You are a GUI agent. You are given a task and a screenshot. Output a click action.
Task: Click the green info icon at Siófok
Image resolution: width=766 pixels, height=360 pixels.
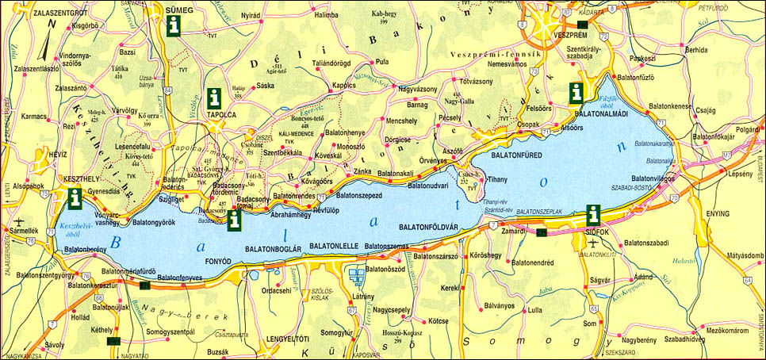[x=592, y=215]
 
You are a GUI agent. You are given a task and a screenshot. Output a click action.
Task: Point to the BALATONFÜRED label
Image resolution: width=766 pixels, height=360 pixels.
[x=517, y=155]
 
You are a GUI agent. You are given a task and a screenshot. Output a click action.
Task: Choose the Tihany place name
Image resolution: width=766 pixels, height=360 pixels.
[x=497, y=180]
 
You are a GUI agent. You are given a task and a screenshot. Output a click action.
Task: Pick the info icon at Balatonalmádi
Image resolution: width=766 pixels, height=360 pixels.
[x=576, y=93]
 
